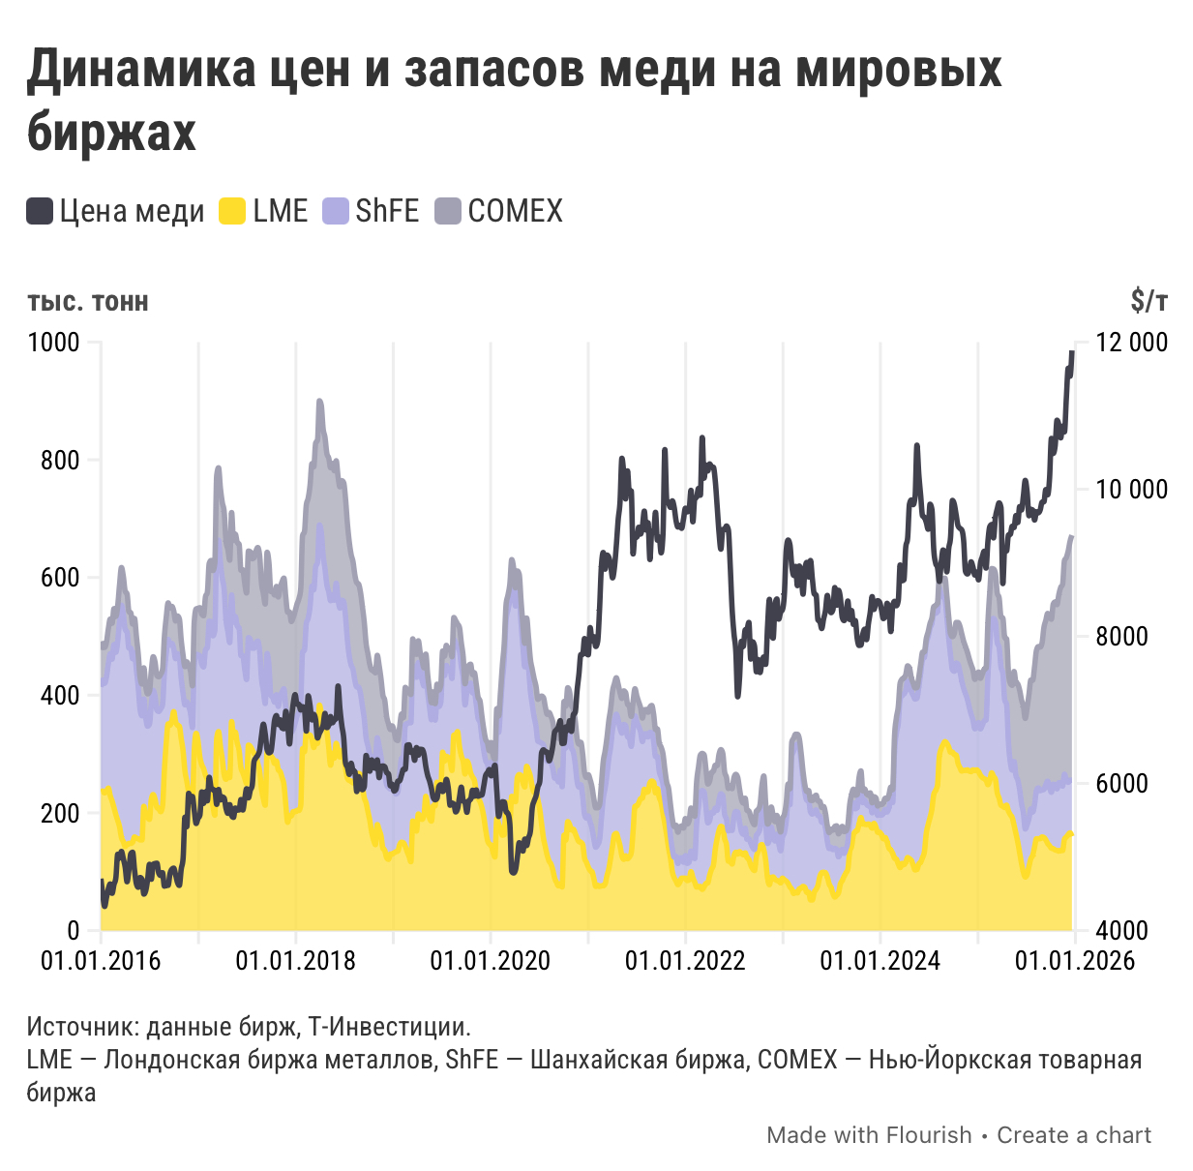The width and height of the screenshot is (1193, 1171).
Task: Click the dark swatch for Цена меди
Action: point(40,211)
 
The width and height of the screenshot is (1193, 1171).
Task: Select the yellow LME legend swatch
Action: point(233,211)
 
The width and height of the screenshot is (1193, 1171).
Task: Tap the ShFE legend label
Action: point(387,211)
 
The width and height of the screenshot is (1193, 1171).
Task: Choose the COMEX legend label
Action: point(515,211)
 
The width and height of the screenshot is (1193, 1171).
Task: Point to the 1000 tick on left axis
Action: point(54,343)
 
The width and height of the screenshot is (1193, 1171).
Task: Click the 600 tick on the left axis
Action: point(60,578)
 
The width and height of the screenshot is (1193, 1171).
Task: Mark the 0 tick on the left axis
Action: point(74,930)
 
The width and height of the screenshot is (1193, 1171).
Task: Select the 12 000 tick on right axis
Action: point(1132,343)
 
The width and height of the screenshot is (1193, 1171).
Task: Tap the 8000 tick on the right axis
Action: point(1122,637)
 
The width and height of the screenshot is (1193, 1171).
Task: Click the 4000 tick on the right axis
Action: point(1122,930)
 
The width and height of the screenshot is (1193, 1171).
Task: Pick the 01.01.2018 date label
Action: point(295,961)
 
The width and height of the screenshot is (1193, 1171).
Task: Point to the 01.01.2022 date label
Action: point(685,961)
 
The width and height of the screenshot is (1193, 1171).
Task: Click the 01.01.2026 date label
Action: point(1074,961)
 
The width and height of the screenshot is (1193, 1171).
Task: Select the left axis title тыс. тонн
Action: point(88,302)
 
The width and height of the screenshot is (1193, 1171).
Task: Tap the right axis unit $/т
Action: point(1148,302)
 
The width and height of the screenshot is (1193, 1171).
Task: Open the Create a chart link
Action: point(1074,1135)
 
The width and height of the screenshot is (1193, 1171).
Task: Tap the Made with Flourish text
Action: point(869,1135)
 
